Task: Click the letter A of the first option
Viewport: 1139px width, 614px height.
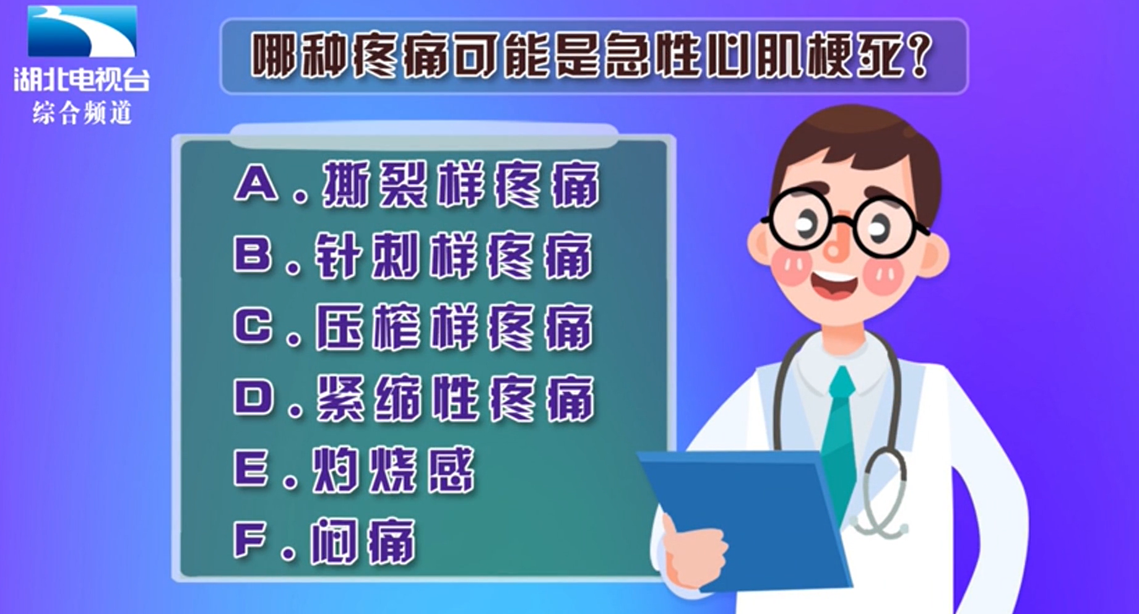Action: click(256, 184)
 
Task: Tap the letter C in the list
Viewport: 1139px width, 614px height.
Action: click(253, 325)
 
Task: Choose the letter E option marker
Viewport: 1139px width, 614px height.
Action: click(251, 468)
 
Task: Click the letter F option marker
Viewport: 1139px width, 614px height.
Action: click(250, 540)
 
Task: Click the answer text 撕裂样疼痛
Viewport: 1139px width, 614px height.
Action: click(461, 184)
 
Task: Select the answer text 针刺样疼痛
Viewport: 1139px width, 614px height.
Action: click(454, 256)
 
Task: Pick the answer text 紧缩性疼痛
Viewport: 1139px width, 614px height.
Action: click(456, 398)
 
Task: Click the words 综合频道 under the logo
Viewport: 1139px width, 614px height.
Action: click(82, 113)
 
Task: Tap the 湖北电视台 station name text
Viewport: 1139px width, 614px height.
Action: click(82, 80)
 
